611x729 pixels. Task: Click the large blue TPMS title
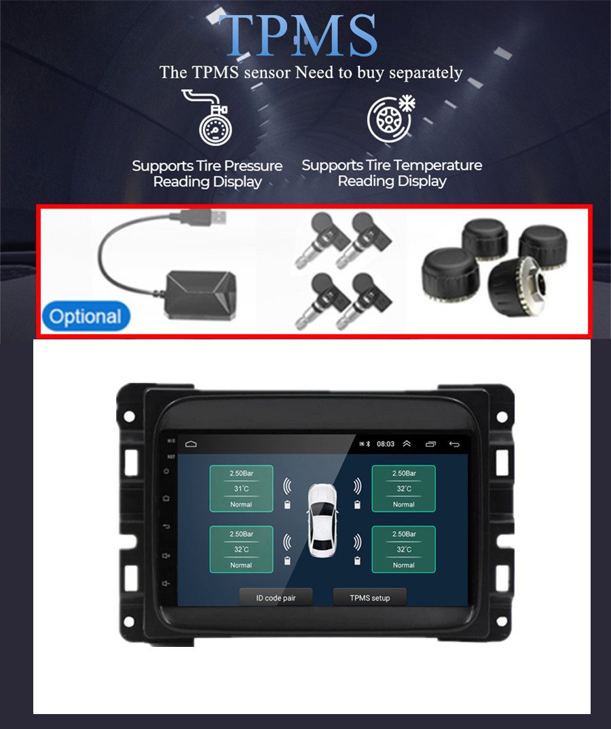coord(297,35)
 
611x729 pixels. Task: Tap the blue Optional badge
coord(86,316)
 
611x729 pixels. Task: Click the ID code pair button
coord(276,598)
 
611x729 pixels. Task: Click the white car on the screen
coord(322,520)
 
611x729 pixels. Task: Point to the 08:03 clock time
coord(386,444)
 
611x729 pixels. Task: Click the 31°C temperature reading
coord(241,489)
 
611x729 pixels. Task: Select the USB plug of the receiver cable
coord(204,217)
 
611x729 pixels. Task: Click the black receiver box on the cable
coord(201,296)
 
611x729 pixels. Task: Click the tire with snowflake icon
coord(390,119)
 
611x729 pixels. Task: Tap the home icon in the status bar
coord(191,444)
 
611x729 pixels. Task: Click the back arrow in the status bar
coord(454,444)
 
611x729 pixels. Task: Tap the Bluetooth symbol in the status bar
coord(367,444)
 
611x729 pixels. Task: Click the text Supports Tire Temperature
coord(392,166)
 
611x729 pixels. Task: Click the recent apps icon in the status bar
coord(431,444)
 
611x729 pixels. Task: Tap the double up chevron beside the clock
coord(407,443)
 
